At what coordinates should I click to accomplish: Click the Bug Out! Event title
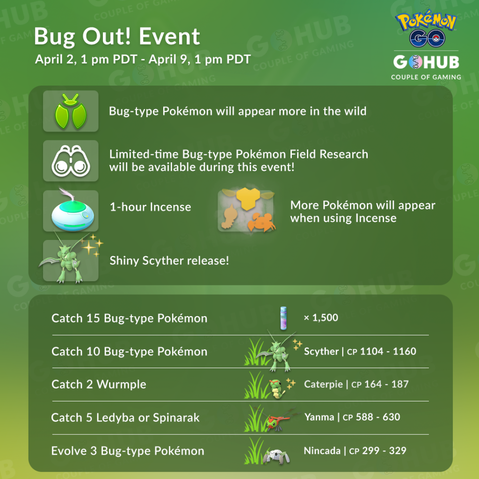pyautogui.click(x=116, y=37)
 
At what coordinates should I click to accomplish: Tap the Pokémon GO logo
pyautogui.click(x=426, y=29)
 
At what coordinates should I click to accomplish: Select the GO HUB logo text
pyautogui.click(x=426, y=62)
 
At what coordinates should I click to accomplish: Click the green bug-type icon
pyautogui.click(x=71, y=111)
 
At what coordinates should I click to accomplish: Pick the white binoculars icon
pyautogui.click(x=71, y=161)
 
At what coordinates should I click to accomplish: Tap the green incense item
pyautogui.click(x=73, y=211)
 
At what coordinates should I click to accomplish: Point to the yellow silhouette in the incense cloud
pyautogui.click(x=248, y=198)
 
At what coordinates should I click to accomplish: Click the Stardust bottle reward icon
pyautogui.click(x=283, y=318)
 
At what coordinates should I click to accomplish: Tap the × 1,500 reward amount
pyautogui.click(x=321, y=318)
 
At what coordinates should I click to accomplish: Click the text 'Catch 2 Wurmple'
pyautogui.click(x=99, y=385)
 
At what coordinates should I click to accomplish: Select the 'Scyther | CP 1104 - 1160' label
pyautogui.click(x=360, y=351)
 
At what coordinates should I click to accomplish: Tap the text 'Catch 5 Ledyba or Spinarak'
pyautogui.click(x=125, y=418)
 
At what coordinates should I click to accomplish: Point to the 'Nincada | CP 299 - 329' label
pyautogui.click(x=355, y=450)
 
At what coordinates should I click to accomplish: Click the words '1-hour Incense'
pyautogui.click(x=150, y=207)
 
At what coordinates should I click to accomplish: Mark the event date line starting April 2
pyautogui.click(x=143, y=59)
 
